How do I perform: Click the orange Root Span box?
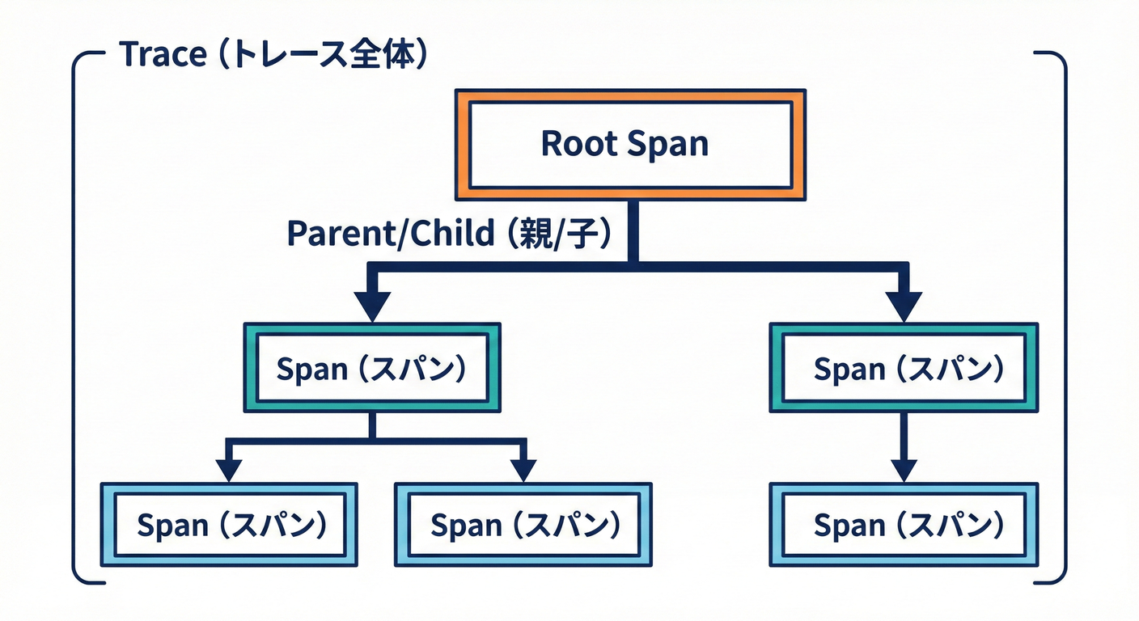coord(630,144)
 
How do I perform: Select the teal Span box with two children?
coord(372,368)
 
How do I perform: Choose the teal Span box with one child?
coord(903,368)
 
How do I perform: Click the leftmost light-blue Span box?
coord(229,525)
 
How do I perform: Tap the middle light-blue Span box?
coord(523,525)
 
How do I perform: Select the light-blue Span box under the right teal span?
coord(903,525)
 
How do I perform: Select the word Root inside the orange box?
coord(571,144)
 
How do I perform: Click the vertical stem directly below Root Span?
coord(631,230)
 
